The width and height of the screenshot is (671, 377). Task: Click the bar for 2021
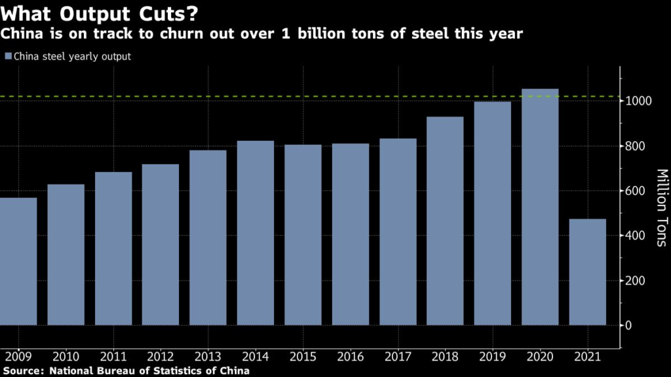coord(587,272)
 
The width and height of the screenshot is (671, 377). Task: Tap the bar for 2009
coord(18,261)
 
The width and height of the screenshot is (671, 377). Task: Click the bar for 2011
coord(113,249)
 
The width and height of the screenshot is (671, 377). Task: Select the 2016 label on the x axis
coord(350,359)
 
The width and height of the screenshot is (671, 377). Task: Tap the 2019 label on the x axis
coord(492,359)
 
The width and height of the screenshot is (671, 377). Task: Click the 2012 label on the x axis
coord(161,359)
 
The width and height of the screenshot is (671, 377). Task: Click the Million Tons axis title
coord(661,207)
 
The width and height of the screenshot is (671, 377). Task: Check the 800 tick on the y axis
coord(640,147)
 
